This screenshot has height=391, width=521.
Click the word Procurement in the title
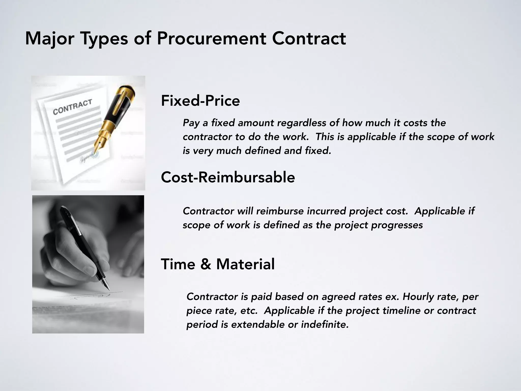(211, 39)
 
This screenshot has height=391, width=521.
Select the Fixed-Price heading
(200, 101)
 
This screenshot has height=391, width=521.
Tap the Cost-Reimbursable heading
(228, 177)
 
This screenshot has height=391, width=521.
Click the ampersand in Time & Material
(206, 264)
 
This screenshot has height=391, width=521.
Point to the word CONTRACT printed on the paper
(72, 107)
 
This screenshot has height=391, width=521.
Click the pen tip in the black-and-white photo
(108, 288)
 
